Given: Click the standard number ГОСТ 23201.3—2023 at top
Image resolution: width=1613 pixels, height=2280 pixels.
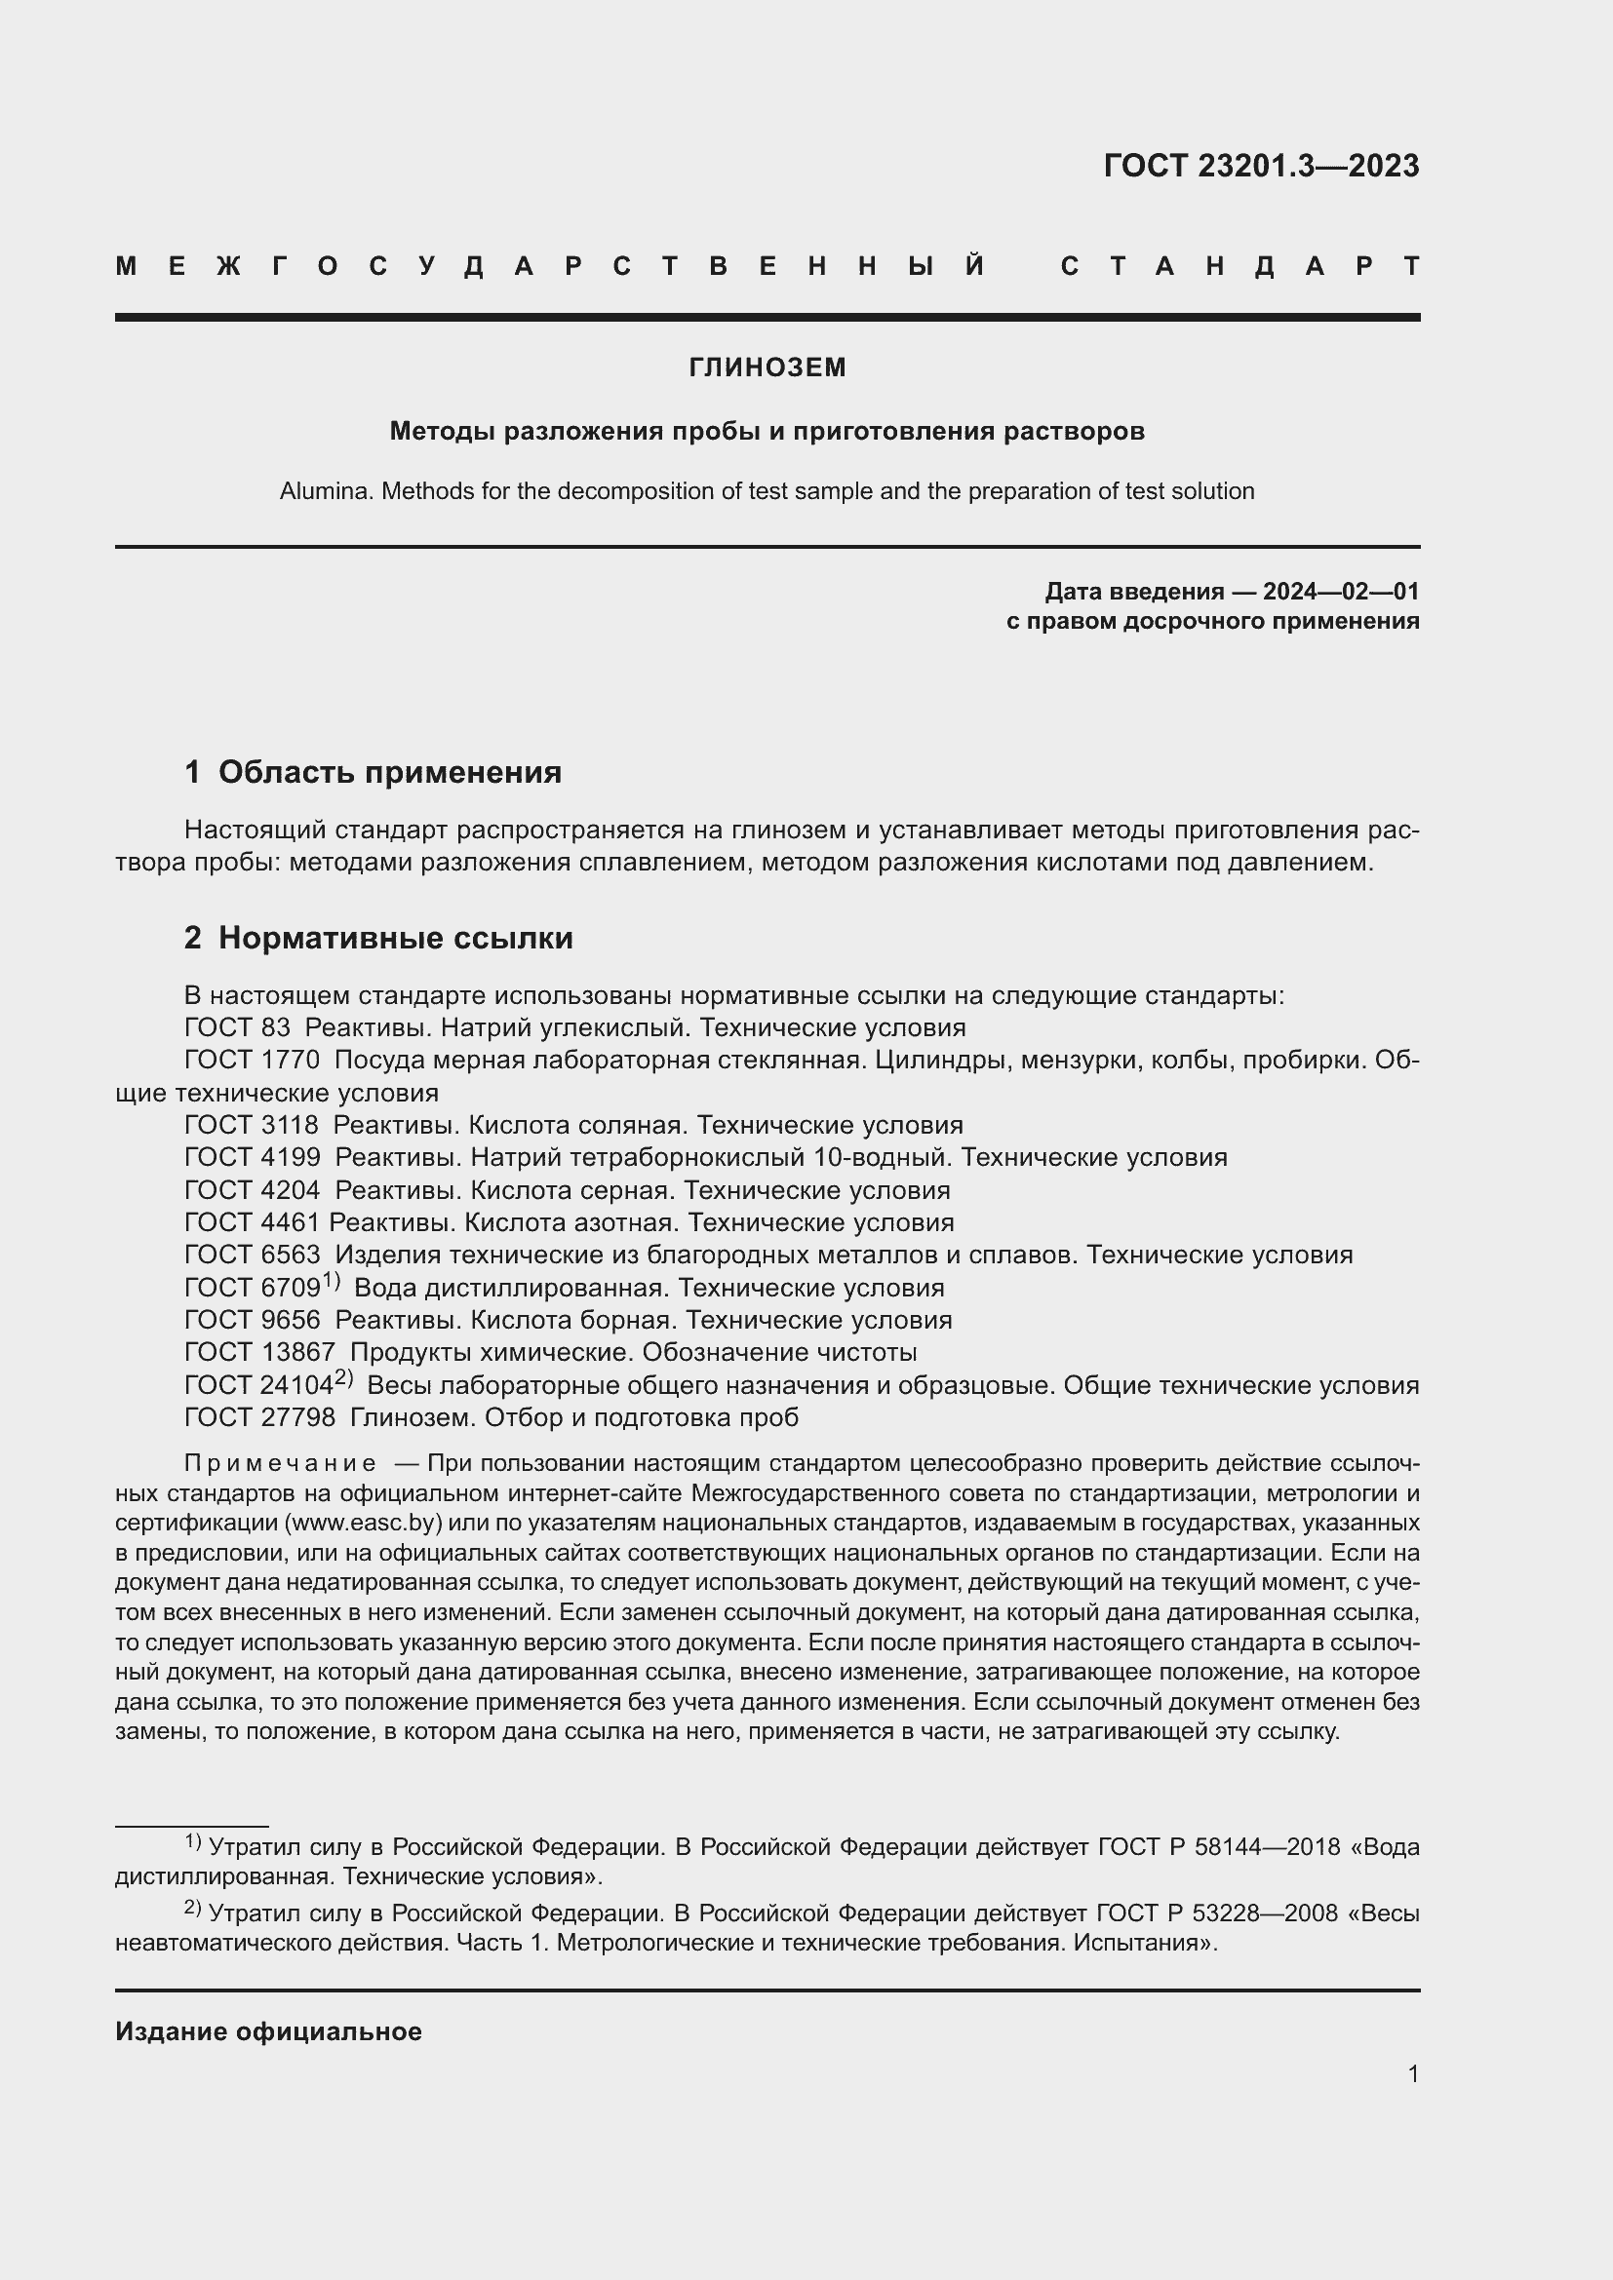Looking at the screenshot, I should [1260, 166].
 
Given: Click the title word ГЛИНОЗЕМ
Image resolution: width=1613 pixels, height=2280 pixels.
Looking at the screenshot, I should [767, 367].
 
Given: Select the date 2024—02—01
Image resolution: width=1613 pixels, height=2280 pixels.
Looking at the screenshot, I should [1341, 592].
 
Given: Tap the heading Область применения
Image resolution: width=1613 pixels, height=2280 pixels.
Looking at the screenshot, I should [389, 772].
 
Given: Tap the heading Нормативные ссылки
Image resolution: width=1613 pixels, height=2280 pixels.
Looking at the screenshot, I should [395, 938].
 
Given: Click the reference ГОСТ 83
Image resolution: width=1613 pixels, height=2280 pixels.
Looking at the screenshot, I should [236, 1026].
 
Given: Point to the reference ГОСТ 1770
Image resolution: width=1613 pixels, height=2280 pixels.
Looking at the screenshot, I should [252, 1060].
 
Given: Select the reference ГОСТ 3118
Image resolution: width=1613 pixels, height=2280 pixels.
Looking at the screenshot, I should [252, 1125].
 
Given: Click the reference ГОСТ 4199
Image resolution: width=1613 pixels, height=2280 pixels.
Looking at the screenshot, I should [252, 1157].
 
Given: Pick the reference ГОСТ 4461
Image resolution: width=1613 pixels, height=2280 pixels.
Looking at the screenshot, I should [252, 1222].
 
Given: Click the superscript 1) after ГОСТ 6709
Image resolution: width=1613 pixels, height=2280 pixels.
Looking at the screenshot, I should [332, 1282].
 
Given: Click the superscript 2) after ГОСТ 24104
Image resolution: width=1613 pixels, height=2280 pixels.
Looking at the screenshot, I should [343, 1378].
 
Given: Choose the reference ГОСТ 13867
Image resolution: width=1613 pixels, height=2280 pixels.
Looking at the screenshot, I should [259, 1353].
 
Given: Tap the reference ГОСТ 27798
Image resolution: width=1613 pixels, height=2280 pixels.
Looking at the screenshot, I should [259, 1417].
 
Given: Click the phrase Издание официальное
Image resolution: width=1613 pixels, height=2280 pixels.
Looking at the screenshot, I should [268, 2031].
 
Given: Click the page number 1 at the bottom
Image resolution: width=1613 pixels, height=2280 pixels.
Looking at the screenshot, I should [1412, 2073].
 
